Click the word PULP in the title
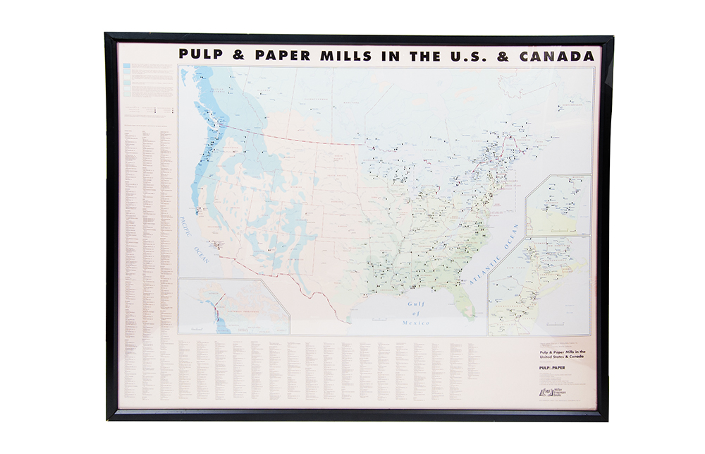(199, 55)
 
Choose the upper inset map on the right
(558, 205)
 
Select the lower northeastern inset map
(539, 286)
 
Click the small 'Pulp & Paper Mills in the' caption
(563, 351)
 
